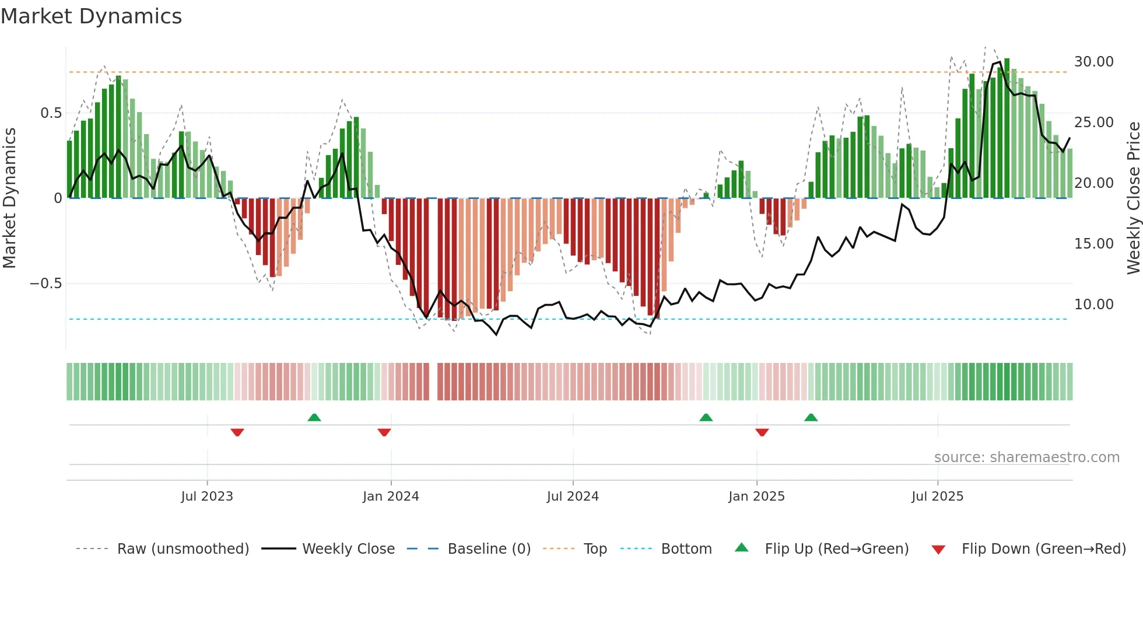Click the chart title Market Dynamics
[91, 16]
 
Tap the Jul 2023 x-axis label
[207, 497]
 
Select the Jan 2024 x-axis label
[391, 497]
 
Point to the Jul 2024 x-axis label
[573, 497]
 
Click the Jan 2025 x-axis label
[756, 497]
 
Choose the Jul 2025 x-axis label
[938, 497]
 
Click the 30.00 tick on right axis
[1093, 62]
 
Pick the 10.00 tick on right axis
[1093, 305]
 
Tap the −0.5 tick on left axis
[45, 284]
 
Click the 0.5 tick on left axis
[51, 113]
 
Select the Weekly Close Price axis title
[1133, 198]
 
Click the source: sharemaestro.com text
[1026, 457]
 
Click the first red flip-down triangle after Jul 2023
[237, 432]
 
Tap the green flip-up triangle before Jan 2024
[314, 417]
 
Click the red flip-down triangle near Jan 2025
[762, 432]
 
